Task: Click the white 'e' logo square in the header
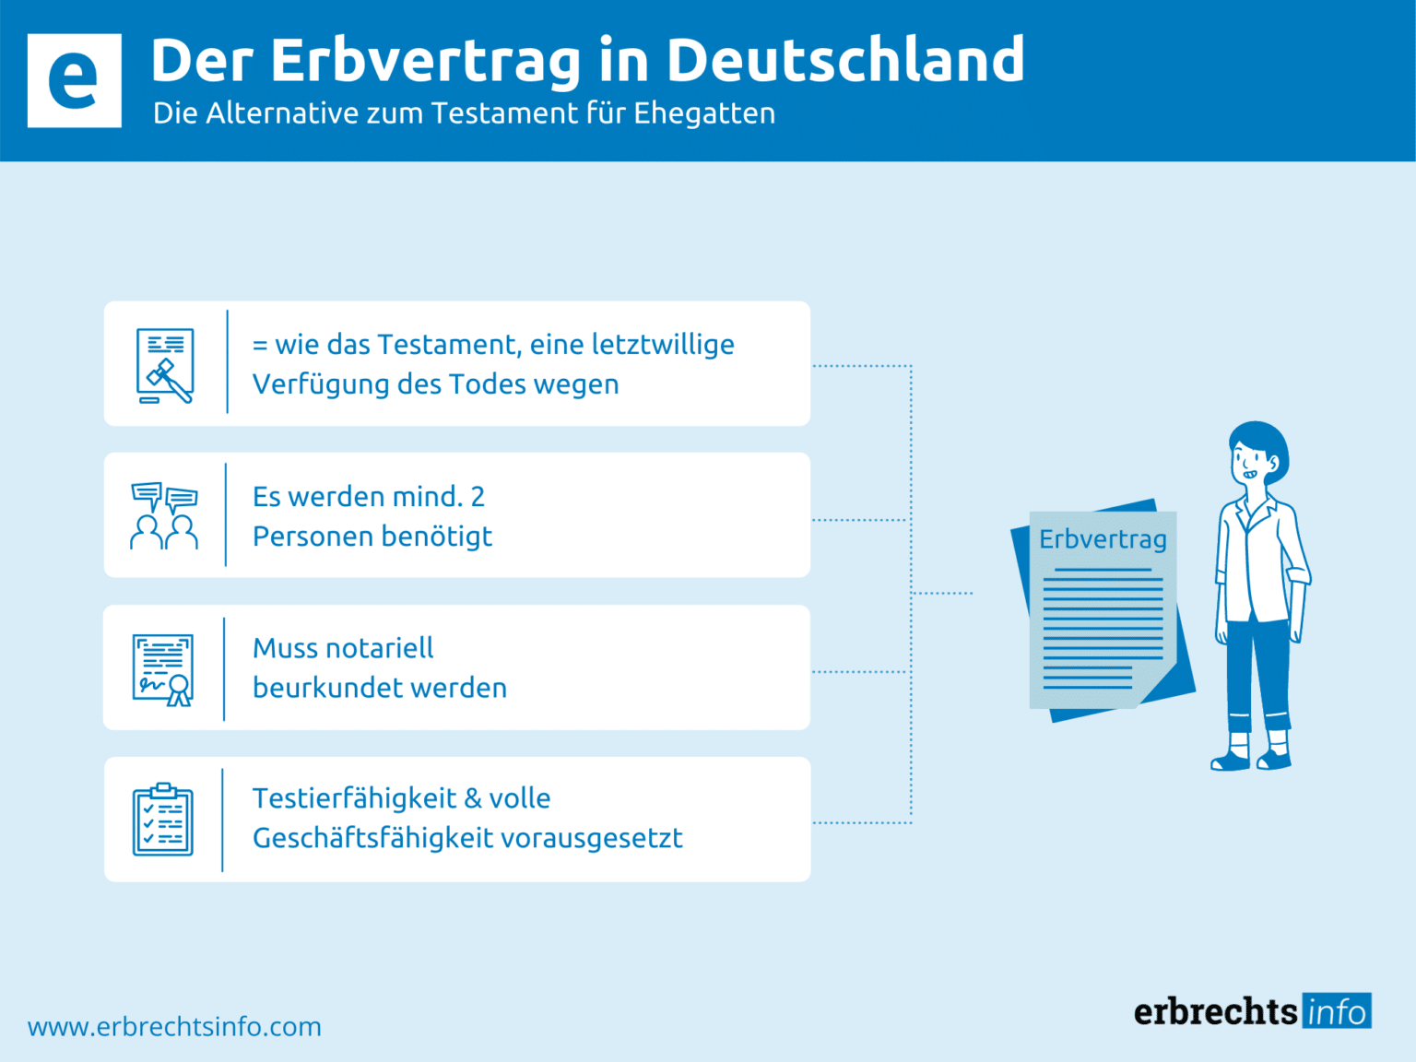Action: click(x=74, y=80)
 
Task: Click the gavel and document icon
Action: click(x=165, y=365)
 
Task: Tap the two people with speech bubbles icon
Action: click(x=164, y=516)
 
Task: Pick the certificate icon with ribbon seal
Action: click(x=163, y=669)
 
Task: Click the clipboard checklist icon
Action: click(x=163, y=820)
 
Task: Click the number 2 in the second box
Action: click(x=478, y=497)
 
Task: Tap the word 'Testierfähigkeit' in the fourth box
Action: click(x=354, y=798)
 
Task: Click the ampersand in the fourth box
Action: click(x=473, y=798)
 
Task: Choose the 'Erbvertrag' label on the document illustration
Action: click(x=1103, y=539)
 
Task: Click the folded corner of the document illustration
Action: click(x=1156, y=688)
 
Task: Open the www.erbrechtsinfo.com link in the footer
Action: click(x=174, y=1027)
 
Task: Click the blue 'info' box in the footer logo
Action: click(x=1337, y=1011)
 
